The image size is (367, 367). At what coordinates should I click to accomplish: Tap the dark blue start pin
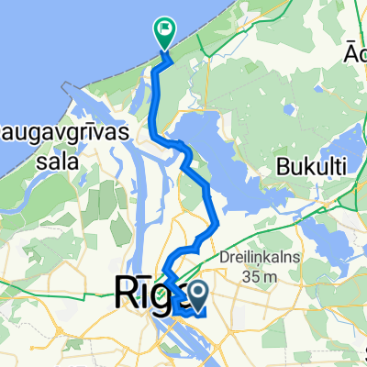click(195, 294)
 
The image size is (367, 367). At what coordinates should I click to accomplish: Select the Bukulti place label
click(306, 168)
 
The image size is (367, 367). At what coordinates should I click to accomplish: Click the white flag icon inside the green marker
click(166, 28)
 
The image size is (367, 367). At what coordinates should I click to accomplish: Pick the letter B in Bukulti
click(281, 168)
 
